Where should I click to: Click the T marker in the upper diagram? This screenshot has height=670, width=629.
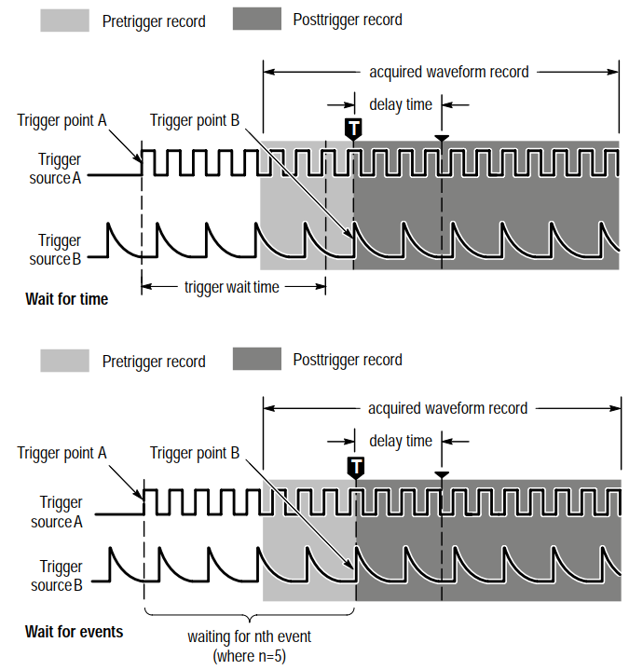pos(353,129)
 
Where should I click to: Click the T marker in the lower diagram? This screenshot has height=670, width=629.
pos(356,468)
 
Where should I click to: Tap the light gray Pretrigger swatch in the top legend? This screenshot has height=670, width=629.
pos(65,21)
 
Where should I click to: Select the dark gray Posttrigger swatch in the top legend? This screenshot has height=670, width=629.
pos(257,19)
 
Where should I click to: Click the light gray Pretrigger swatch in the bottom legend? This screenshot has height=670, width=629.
pos(65,361)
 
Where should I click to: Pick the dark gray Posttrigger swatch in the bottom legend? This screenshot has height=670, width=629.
pos(257,359)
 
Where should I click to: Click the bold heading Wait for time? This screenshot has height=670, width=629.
pos(67,299)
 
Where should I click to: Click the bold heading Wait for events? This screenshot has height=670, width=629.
pos(74,632)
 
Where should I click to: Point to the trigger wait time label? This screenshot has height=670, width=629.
pos(232,287)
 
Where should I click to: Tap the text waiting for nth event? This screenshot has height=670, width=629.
pos(249,636)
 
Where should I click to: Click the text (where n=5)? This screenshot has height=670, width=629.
pos(249,656)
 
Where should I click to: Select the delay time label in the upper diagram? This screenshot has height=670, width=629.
pos(401,104)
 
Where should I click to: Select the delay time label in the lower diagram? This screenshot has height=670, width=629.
pos(401,441)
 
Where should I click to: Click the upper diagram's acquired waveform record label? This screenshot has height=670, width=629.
pos(448,72)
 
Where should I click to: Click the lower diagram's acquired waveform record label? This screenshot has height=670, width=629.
pos(447,408)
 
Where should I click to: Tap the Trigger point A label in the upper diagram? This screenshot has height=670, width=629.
pos(62,120)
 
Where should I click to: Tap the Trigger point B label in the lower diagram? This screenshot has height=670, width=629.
pos(195,453)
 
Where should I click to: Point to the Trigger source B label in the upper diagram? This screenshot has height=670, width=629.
pos(55,250)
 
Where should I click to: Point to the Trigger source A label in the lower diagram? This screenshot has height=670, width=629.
pos(57,512)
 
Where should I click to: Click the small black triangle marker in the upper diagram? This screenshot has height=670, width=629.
pos(442,138)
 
